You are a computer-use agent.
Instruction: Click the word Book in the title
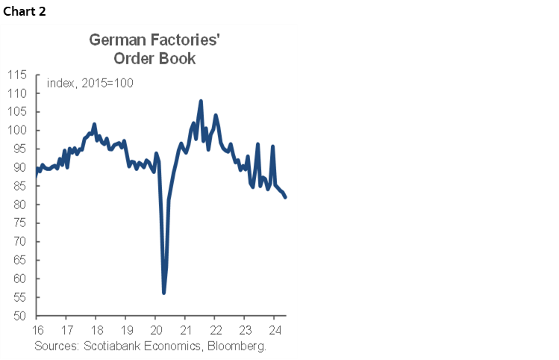click(178, 58)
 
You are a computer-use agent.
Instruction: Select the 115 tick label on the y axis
click(17, 75)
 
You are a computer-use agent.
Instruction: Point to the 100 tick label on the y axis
click(17, 131)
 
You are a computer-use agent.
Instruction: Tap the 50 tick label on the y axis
click(20, 316)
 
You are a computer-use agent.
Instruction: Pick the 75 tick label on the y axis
click(20, 223)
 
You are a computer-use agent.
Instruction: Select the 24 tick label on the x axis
click(274, 330)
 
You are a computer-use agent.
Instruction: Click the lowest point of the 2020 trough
click(163, 293)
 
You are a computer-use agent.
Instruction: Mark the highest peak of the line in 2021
click(201, 101)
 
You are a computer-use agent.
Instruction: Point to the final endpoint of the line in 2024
click(286, 197)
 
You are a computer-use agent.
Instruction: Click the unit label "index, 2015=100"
click(90, 83)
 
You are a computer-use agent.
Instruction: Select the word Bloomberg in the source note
click(237, 347)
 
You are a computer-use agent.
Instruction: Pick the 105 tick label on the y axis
click(17, 112)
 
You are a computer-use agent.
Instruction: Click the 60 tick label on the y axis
click(20, 279)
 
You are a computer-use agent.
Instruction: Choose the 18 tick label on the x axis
click(96, 330)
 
